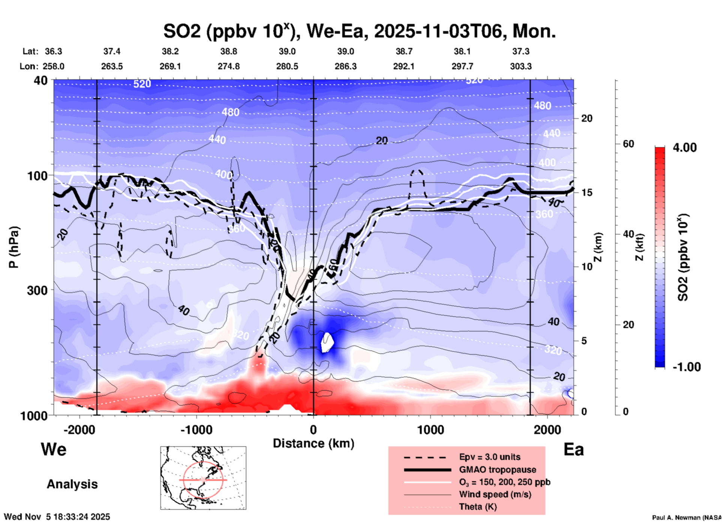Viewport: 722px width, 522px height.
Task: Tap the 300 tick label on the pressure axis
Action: pyautogui.click(x=37, y=290)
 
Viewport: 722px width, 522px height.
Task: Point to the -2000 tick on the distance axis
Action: pyautogui.click(x=79, y=430)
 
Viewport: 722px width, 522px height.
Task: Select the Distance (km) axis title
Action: pyautogui.click(x=313, y=443)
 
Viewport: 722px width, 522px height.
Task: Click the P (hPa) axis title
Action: pyautogui.click(x=14, y=247)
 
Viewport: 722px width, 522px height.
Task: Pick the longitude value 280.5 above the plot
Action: pyautogui.click(x=287, y=66)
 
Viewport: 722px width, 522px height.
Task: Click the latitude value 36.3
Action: pyautogui.click(x=53, y=51)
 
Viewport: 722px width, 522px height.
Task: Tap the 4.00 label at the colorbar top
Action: pyautogui.click(x=685, y=148)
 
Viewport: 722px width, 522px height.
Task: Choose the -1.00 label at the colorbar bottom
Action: pyautogui.click(x=686, y=367)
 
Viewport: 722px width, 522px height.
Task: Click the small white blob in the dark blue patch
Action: pyautogui.click(x=327, y=342)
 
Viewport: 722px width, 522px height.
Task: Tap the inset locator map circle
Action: pyautogui.click(x=203, y=479)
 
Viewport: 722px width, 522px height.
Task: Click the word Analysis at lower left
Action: pyautogui.click(x=72, y=484)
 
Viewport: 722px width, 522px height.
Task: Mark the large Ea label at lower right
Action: pyautogui.click(x=574, y=450)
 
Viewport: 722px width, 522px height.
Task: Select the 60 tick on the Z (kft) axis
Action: pyautogui.click(x=628, y=144)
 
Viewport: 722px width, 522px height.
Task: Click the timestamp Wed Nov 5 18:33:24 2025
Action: pyautogui.click(x=57, y=517)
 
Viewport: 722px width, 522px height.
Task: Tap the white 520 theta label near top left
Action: pyautogui.click(x=142, y=84)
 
